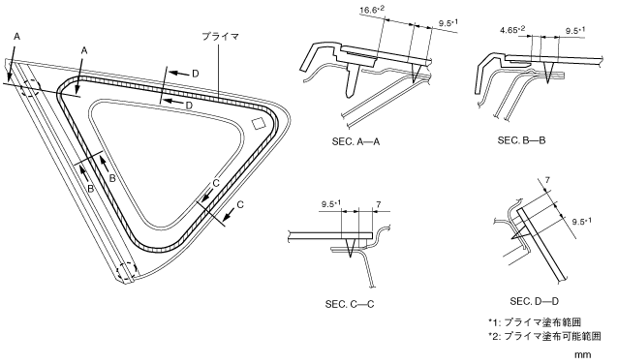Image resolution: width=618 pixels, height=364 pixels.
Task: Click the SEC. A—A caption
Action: pyautogui.click(x=355, y=141)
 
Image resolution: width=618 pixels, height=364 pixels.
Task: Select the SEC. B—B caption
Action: pyautogui.click(x=521, y=140)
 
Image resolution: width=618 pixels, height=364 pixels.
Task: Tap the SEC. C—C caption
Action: pyautogui.click(x=350, y=305)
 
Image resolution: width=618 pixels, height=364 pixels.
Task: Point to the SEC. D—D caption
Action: pyautogui.click(x=534, y=302)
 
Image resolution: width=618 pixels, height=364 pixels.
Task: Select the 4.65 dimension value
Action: pyautogui.click(x=512, y=30)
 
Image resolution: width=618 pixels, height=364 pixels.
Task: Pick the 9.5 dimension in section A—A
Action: pyautogui.click(x=448, y=23)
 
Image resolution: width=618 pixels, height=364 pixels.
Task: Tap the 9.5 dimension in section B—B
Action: pyautogui.click(x=575, y=31)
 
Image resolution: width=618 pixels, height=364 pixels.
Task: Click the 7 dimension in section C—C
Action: pyautogui.click(x=379, y=204)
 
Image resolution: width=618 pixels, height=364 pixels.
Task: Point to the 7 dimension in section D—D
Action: pyautogui.click(x=547, y=180)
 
